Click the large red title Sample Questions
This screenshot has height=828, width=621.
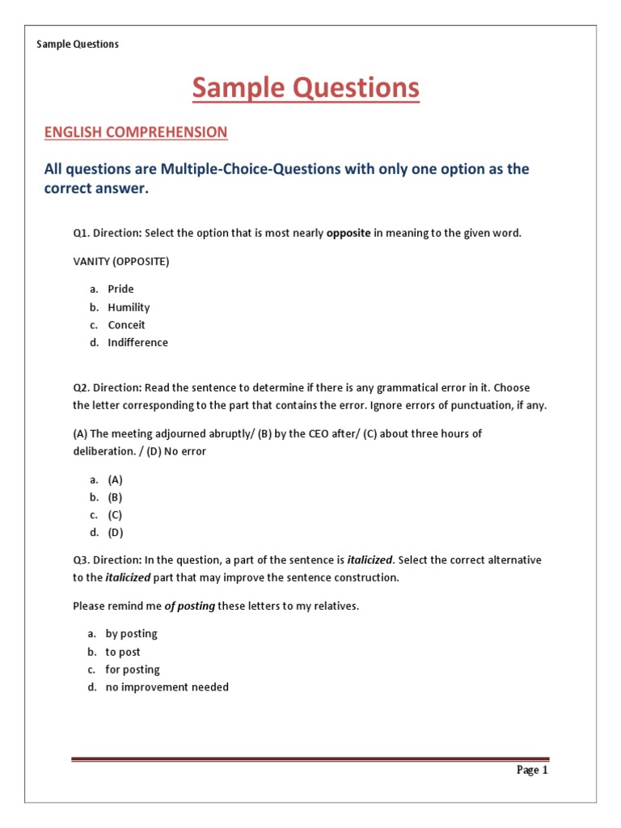306,88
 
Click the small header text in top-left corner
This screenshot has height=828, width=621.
78,44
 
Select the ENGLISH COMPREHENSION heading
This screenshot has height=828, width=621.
136,132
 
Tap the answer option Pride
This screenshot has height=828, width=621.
120,289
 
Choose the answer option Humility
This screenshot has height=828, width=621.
129,307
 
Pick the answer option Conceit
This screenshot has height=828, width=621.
126,325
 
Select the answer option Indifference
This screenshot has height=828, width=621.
137,343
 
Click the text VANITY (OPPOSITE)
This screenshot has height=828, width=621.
121,261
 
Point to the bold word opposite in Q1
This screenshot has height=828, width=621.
349,233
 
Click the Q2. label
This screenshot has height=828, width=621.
82,387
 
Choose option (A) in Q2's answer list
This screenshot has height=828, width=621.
115,479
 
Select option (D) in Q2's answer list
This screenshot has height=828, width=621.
115,533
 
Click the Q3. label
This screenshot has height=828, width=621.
82,560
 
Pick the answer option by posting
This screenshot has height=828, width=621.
131,634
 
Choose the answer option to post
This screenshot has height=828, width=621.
123,652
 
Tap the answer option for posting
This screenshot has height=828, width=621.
133,670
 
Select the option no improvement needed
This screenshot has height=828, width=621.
167,687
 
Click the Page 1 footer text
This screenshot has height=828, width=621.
532,770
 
